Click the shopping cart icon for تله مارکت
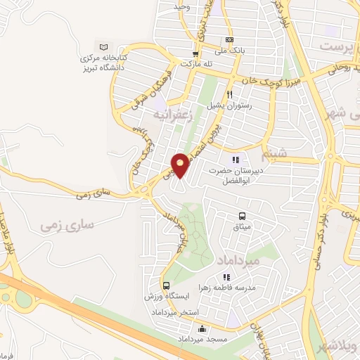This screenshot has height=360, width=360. (196, 53)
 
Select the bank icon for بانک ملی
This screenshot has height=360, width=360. (229, 39)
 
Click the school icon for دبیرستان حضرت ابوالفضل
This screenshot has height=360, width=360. (243, 157)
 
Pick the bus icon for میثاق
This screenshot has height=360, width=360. (242, 216)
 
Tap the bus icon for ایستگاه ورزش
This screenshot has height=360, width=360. (166, 285)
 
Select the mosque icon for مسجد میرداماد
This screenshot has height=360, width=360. (202, 328)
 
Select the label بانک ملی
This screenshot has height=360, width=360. (229, 50)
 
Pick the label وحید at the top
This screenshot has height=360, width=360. (183, 6)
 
